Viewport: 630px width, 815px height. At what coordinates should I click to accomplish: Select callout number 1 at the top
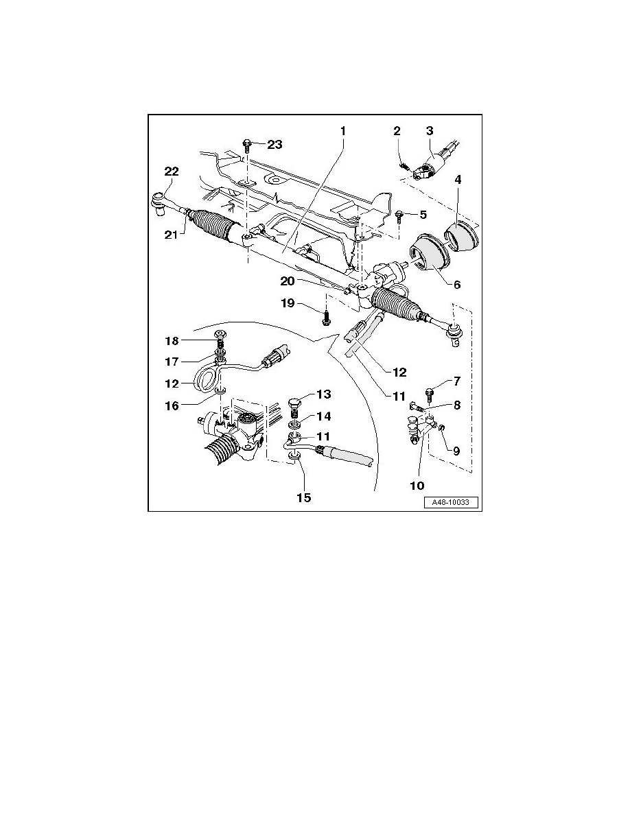coord(342,130)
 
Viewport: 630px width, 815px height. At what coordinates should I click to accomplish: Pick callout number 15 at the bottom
coord(303,497)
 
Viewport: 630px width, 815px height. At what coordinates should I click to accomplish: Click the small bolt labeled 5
coord(399,215)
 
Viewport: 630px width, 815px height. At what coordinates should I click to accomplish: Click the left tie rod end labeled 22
coord(158,202)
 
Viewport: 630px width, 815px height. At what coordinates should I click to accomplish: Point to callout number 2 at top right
coord(396,131)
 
